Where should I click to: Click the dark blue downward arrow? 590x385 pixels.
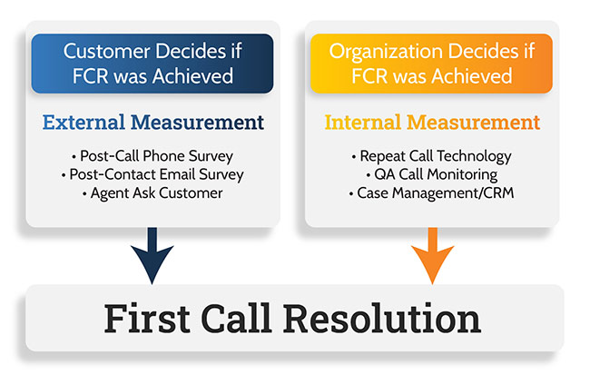coord(152,256)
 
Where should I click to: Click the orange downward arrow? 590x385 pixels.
coord(432,256)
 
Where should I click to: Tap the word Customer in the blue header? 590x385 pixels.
coord(107,51)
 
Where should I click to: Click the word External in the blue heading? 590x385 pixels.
coord(84,123)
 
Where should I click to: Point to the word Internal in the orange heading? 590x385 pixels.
coord(363,123)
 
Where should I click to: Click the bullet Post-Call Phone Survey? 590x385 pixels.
coord(152,156)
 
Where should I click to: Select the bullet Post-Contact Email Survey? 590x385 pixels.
coord(152,174)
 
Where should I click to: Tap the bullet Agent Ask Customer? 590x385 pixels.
coord(152,193)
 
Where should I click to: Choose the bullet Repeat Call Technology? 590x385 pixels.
coord(431,156)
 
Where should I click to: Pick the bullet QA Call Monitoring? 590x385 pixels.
coord(431,174)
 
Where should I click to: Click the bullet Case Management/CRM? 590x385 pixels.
coord(431,193)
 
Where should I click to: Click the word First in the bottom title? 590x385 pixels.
coord(147,319)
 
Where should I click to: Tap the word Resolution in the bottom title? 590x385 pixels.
coord(382,319)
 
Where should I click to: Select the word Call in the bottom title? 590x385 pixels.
coord(236,319)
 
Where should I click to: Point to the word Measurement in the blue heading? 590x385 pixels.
coord(197,123)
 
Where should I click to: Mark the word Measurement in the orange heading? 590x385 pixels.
coord(473,123)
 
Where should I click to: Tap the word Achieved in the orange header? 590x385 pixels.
coord(472,76)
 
